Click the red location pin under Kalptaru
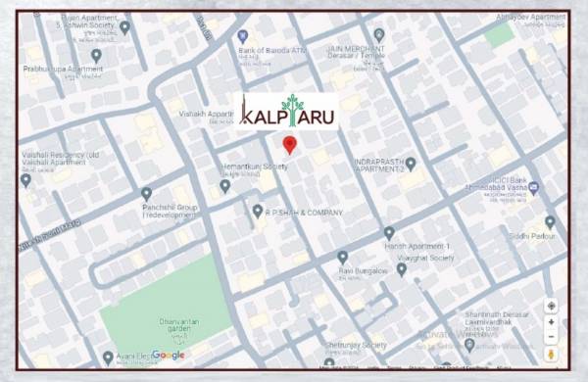(289, 145)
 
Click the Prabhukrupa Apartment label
(65, 70)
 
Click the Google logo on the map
(168, 355)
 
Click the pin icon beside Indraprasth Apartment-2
(411, 163)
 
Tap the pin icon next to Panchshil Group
(146, 193)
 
